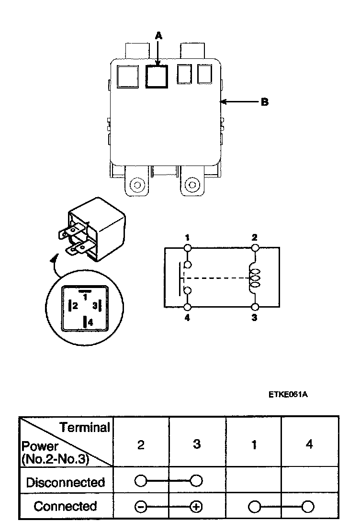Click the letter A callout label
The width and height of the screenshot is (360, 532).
[158, 35]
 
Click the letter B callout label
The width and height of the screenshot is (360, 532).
[265, 102]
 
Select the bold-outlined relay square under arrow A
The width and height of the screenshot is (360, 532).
[157, 77]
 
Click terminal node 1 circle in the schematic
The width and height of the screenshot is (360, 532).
[188, 248]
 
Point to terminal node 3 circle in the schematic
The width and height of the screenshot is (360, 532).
[255, 307]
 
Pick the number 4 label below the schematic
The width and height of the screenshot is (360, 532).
[187, 318]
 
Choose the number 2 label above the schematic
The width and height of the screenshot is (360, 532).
[254, 237]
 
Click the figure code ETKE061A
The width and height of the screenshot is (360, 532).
[288, 394]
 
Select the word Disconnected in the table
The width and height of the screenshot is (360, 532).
[66, 482]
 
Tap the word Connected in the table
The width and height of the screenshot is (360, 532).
[66, 506]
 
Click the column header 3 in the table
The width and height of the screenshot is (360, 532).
[197, 444]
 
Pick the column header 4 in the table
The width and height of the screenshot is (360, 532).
[309, 444]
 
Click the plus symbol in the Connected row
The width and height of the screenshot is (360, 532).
[196, 507]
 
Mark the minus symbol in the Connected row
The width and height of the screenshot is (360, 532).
[141, 507]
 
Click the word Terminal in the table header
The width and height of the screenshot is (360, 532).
[85, 428]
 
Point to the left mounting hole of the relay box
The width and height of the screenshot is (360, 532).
[137, 185]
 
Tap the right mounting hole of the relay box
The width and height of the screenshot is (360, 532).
[192, 185]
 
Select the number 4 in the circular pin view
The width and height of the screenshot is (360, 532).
[90, 322]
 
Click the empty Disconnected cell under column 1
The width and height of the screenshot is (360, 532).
[254, 480]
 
